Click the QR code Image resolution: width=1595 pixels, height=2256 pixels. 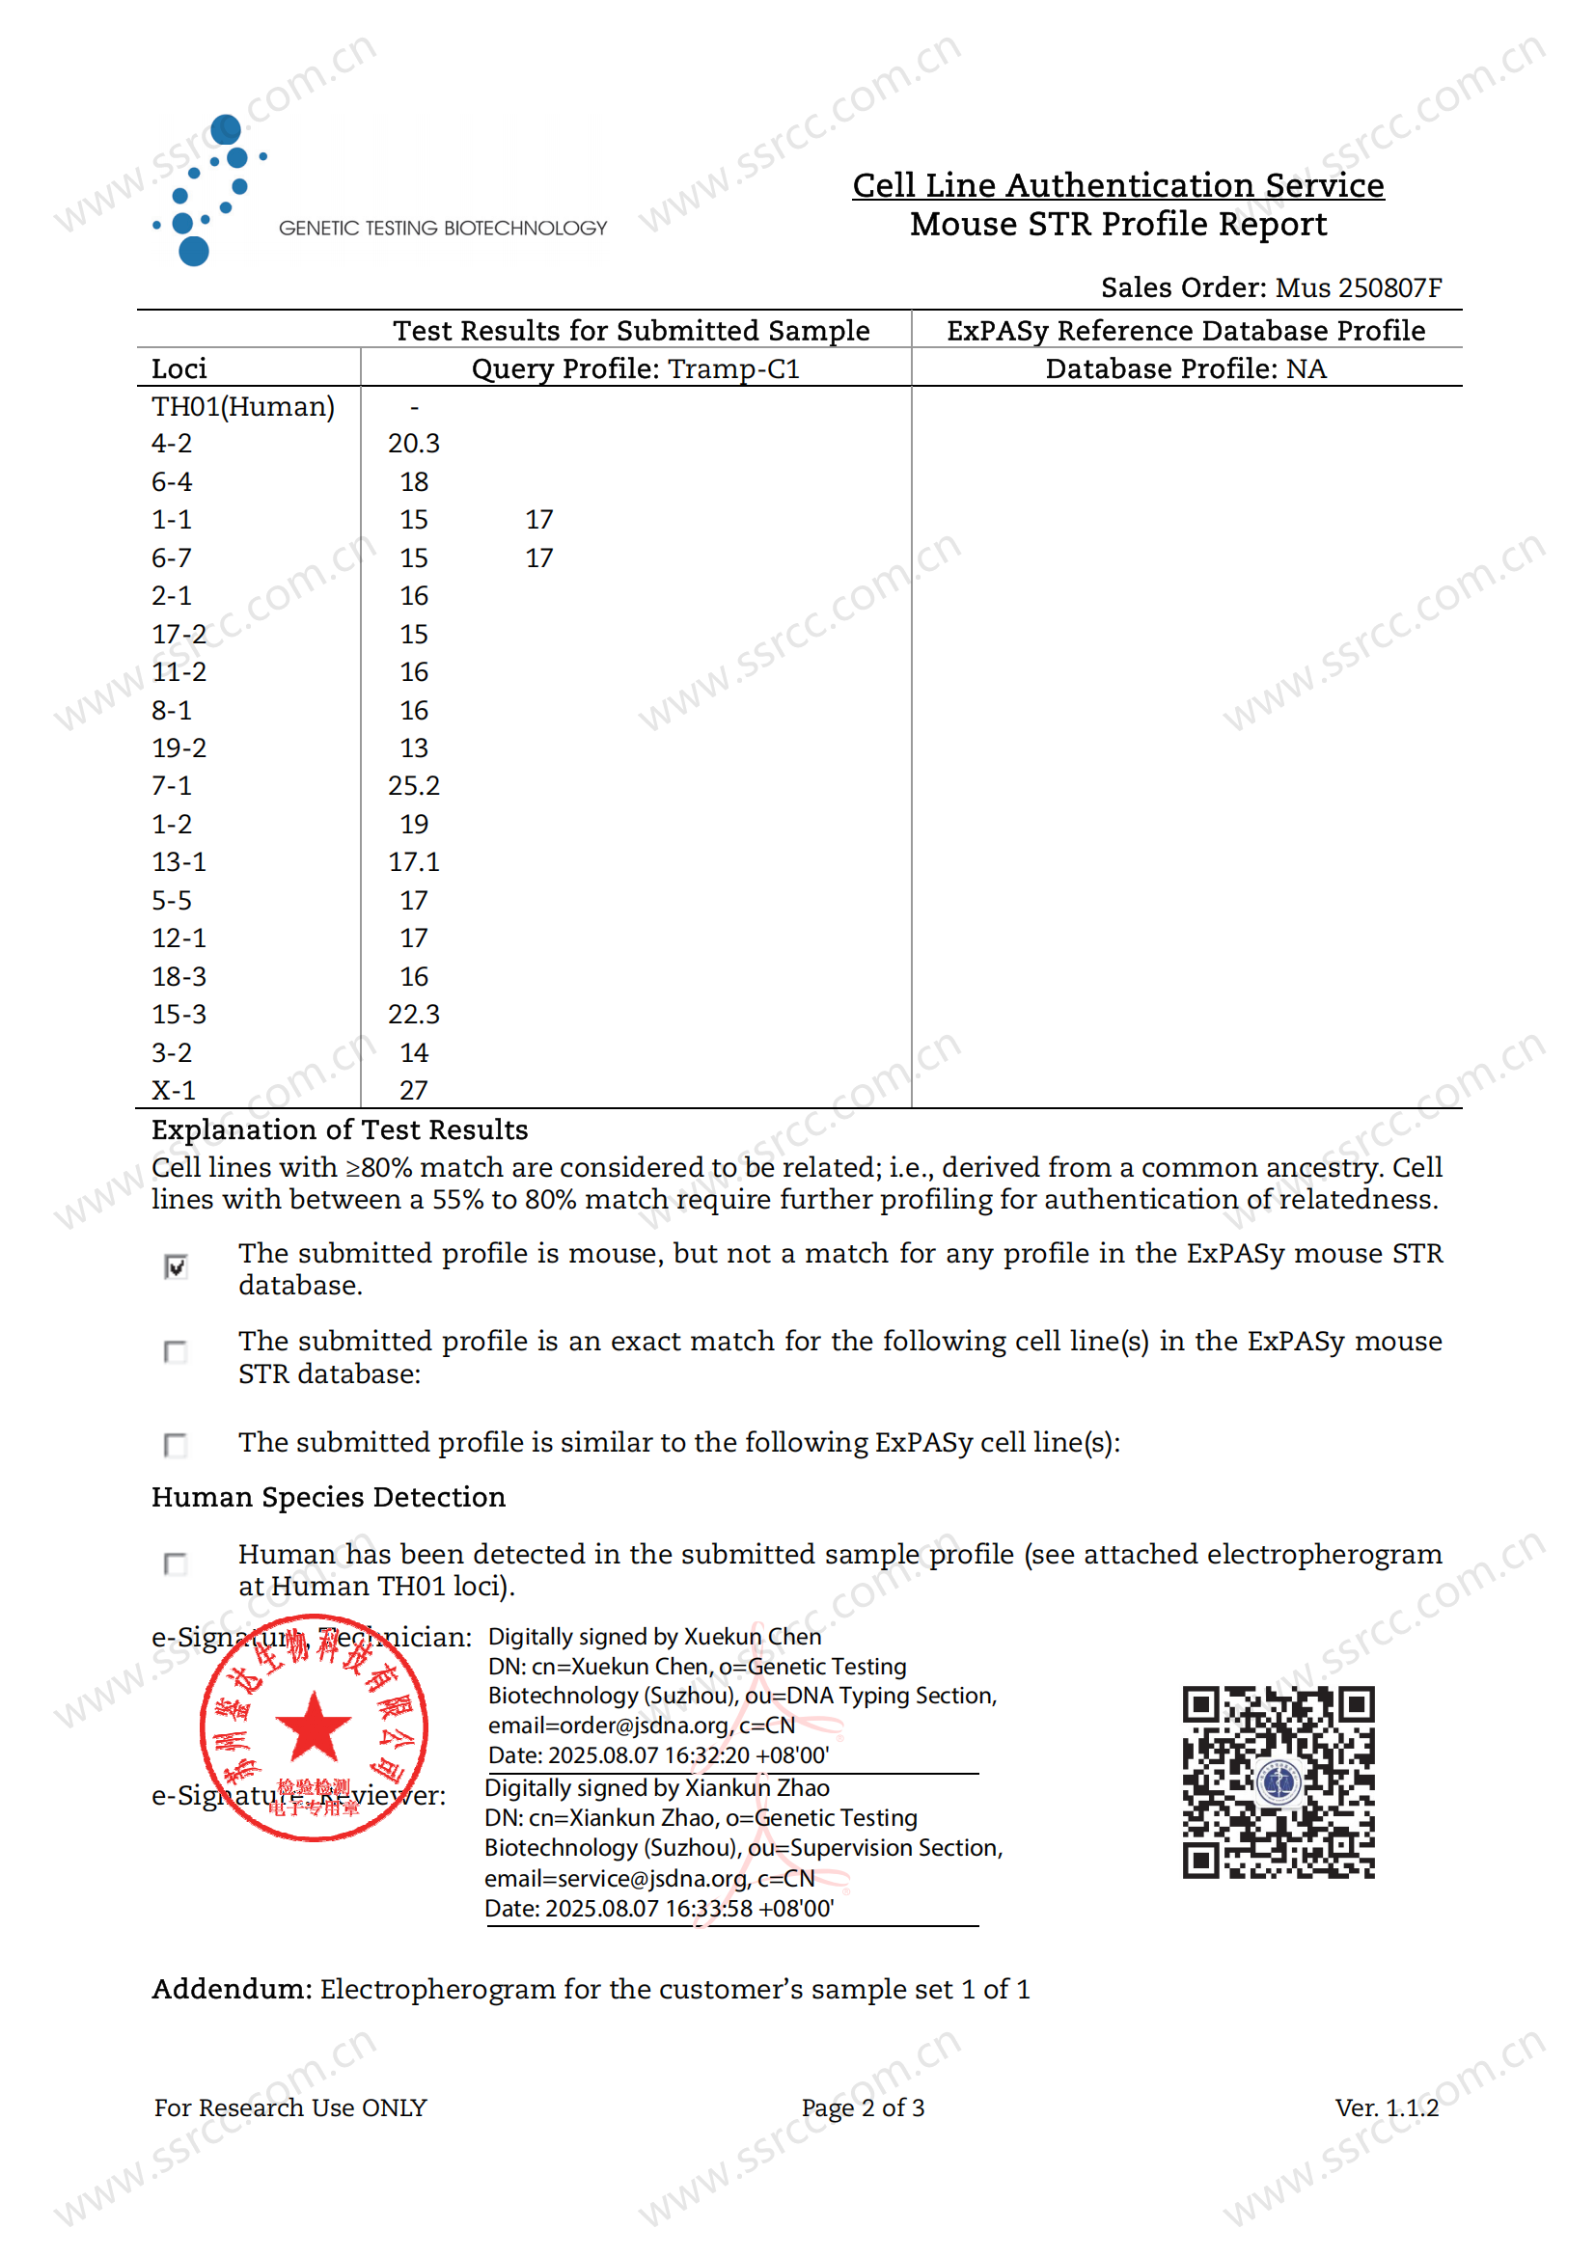click(x=1278, y=1782)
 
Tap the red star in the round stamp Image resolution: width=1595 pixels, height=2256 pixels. click(x=314, y=1726)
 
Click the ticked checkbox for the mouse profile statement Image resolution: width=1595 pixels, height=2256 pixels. click(x=176, y=1266)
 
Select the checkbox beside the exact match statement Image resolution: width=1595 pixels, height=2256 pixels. click(x=176, y=1352)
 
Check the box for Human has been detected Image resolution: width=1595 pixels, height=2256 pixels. click(x=176, y=1563)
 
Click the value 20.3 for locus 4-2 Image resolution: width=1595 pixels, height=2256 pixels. click(x=414, y=443)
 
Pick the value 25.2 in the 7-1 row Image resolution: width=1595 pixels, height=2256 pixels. click(x=414, y=786)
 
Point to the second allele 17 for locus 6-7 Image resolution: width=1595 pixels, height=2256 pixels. click(x=538, y=558)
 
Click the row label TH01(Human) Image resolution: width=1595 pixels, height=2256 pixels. click(x=243, y=406)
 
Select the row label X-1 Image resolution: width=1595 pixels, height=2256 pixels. click(x=174, y=1090)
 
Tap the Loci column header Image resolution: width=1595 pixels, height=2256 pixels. click(x=179, y=368)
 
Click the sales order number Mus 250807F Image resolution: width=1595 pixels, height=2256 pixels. click(x=1359, y=287)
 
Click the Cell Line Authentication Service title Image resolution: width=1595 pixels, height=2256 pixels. click(x=1117, y=185)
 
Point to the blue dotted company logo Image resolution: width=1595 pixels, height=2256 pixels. click(x=209, y=190)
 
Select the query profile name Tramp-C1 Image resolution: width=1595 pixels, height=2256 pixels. click(x=734, y=368)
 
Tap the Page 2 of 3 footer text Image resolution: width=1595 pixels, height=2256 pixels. click(x=863, y=2107)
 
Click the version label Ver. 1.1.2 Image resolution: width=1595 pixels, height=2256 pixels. click(x=1386, y=2107)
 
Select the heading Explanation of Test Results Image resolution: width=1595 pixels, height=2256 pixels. click(x=340, y=1130)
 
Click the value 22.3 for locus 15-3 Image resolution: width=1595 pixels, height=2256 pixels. click(x=414, y=1014)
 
